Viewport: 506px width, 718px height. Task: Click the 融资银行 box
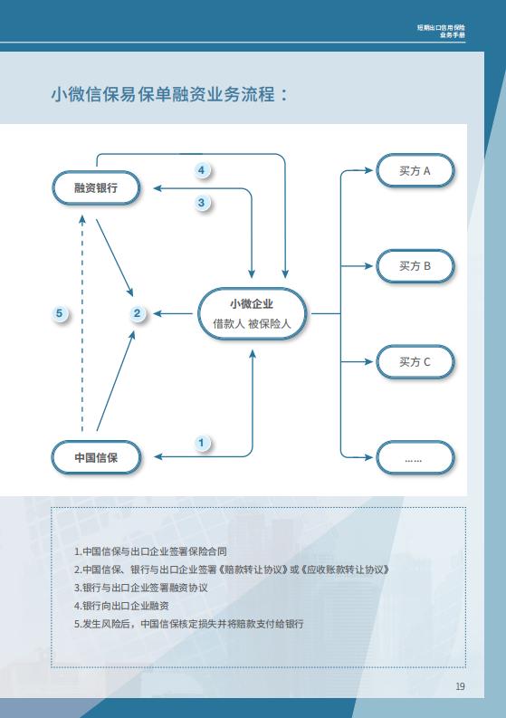point(96,187)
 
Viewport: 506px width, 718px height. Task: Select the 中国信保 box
point(96,457)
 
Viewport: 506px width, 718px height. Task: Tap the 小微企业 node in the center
point(252,313)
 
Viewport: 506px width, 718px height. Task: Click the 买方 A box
point(415,170)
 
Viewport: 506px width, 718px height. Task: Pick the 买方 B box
point(415,266)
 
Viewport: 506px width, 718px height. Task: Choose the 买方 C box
point(415,362)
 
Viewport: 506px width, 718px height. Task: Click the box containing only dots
point(415,457)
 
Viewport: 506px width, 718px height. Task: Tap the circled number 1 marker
point(202,443)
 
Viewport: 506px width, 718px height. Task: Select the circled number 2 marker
point(137,313)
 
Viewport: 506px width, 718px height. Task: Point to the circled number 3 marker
point(202,203)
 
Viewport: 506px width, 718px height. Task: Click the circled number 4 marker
point(202,170)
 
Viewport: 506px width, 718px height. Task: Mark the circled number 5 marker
point(60,313)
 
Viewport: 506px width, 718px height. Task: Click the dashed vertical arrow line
point(82,323)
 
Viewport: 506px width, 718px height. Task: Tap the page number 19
point(460,686)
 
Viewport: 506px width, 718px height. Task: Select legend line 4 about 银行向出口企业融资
point(122,606)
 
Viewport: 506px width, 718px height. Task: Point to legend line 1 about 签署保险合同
point(150,551)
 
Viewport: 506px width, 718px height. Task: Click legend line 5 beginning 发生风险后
point(189,624)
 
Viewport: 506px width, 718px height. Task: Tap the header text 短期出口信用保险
point(441,27)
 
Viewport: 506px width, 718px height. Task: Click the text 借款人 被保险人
point(252,324)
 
